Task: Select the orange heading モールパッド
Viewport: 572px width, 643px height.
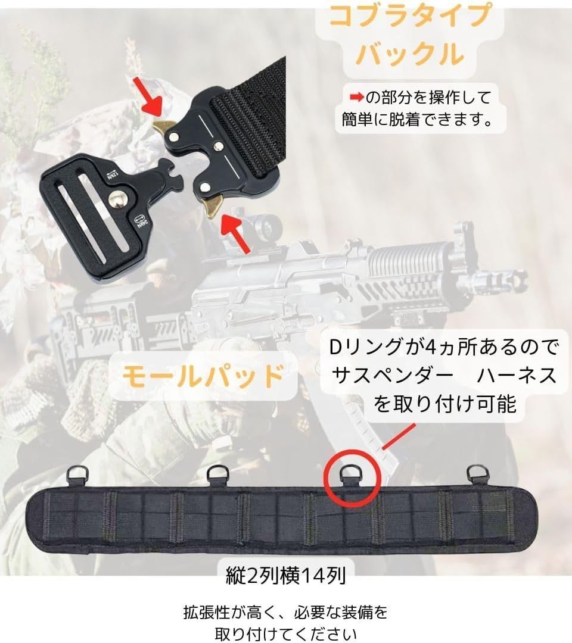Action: [x=203, y=376]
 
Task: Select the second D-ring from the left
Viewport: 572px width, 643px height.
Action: [x=214, y=475]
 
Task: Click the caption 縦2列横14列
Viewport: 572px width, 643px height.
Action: [x=286, y=576]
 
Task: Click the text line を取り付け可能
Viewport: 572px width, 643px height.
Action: [x=444, y=405]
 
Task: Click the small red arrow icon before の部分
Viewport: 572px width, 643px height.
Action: [x=356, y=96]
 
